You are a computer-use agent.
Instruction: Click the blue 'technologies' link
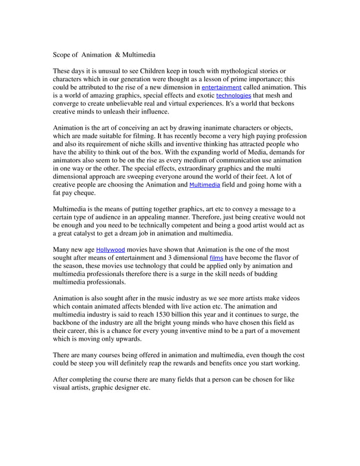pyautogui.click(x=236, y=96)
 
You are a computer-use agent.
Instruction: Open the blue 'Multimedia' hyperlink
pyautogui.click(x=205, y=185)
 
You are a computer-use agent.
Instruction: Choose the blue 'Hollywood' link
pyautogui.click(x=111, y=249)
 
